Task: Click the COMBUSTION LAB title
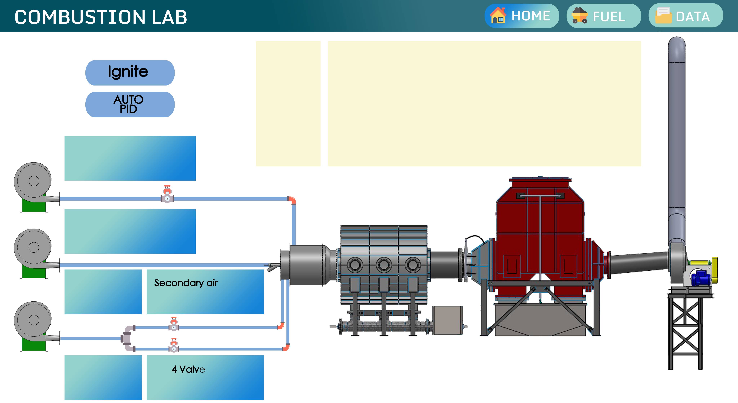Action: coord(101,17)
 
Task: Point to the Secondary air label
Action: coord(186,283)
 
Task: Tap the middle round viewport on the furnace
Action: coord(384,265)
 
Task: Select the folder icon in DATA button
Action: coord(663,16)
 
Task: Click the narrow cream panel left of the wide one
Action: coord(288,104)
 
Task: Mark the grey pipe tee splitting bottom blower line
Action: coord(128,338)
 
